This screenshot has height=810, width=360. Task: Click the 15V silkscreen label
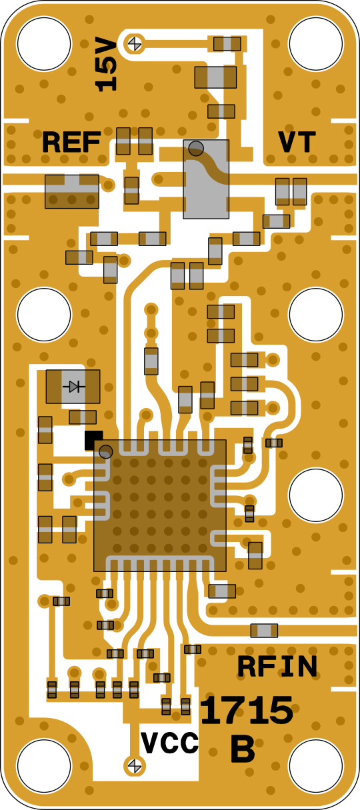pos(106,63)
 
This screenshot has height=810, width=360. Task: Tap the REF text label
pos(71,142)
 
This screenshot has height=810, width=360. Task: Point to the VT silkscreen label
pos(297,142)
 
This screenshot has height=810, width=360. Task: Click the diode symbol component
pos(73,387)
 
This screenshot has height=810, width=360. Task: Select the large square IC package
pos(160,505)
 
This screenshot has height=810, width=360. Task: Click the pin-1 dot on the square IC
pos(106,451)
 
